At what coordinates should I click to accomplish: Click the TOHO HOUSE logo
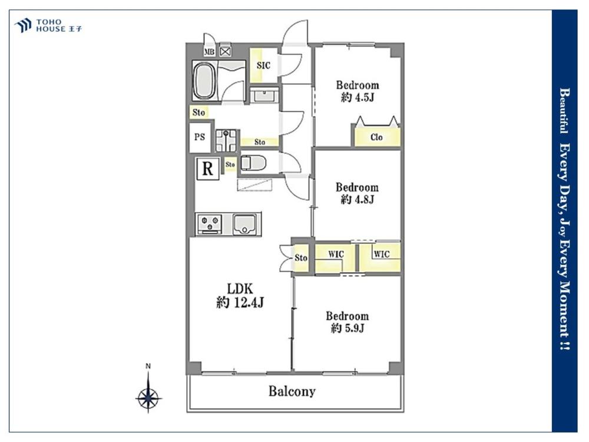48,25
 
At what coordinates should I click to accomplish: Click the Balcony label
292,391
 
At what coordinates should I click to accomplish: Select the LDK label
240,289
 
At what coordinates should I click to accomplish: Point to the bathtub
204,80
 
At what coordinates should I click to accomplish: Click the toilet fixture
253,163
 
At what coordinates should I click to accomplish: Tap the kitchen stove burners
209,223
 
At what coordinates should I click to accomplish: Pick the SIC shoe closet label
263,65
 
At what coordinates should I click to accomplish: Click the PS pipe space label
200,137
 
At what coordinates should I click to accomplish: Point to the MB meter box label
209,52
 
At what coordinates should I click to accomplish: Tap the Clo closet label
376,137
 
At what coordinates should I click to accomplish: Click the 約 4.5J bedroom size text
358,97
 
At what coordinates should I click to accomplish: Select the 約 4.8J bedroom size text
358,199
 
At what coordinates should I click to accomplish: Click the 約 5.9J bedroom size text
347,328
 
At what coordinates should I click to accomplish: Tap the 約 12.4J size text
240,302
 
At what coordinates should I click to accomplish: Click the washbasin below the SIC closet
265,95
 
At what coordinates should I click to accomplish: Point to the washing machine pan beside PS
226,140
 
